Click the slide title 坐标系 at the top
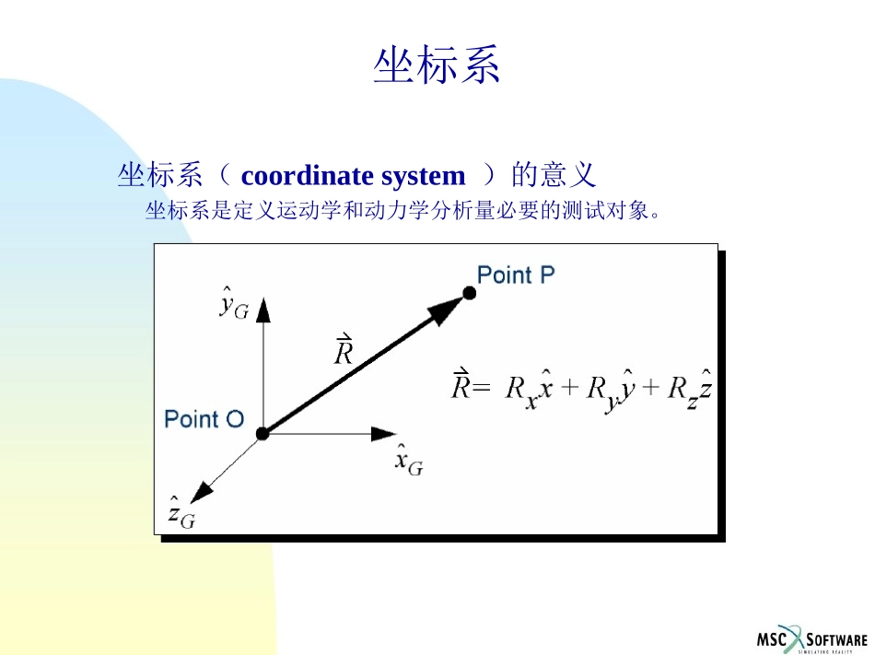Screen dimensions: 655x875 (x=437, y=66)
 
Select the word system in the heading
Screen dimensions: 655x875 (x=423, y=175)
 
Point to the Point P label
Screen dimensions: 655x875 (x=516, y=275)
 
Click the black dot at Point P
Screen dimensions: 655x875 (x=469, y=293)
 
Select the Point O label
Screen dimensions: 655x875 (x=204, y=419)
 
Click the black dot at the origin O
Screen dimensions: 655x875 (x=262, y=433)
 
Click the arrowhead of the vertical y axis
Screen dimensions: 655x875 (x=263, y=309)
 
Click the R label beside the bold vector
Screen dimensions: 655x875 (x=343, y=350)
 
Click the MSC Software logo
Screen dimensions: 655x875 (x=811, y=638)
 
